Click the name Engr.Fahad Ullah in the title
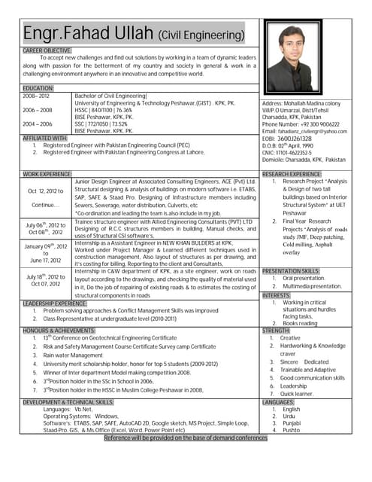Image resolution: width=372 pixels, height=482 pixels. [x=89, y=34]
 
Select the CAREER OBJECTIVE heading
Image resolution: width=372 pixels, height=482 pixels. [x=48, y=50]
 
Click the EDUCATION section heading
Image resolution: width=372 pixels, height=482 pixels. [x=38, y=88]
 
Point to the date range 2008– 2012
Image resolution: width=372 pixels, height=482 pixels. [x=36, y=96]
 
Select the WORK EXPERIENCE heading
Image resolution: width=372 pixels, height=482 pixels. [x=47, y=174]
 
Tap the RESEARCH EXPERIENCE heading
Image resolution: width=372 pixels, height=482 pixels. [x=301, y=174]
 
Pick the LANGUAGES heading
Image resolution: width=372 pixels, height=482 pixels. [x=278, y=402]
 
